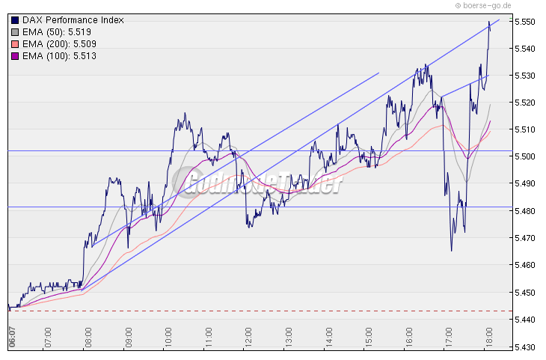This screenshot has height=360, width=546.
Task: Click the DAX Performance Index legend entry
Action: tap(73, 20)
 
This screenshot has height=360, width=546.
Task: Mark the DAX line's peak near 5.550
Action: tap(489, 22)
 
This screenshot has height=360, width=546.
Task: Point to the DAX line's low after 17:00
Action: tap(452, 250)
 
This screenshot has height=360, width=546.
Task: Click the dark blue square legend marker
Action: tap(15, 20)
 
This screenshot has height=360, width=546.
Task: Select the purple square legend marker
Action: tap(15, 56)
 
